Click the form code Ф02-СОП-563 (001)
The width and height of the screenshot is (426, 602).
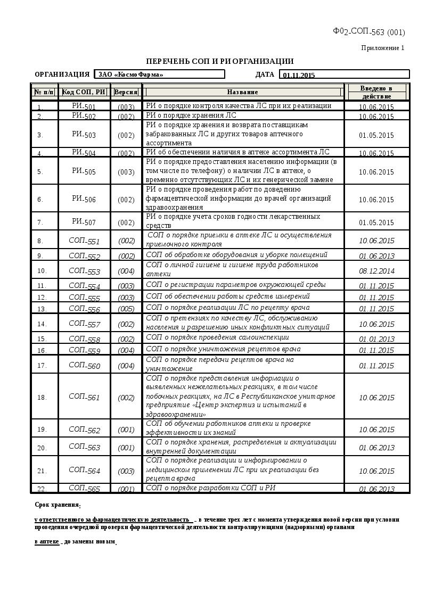click(368, 32)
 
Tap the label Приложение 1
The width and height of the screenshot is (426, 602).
click(382, 48)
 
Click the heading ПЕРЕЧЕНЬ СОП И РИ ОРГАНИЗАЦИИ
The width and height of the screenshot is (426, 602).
click(220, 61)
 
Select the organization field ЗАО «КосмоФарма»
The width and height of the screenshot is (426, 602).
click(159, 75)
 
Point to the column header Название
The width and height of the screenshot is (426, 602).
click(242, 92)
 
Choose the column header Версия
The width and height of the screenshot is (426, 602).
click(126, 92)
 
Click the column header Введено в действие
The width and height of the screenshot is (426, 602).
click(376, 92)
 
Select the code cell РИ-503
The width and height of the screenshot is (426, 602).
click(84, 135)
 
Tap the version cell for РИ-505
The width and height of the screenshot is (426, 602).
click(126, 172)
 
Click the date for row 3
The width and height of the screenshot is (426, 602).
click(376, 135)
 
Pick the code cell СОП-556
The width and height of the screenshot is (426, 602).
click(84, 309)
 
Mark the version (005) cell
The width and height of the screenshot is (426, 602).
click(126, 309)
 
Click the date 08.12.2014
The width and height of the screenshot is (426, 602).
click(376, 271)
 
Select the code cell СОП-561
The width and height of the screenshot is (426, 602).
click(84, 397)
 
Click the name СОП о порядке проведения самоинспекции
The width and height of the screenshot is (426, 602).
click(217, 337)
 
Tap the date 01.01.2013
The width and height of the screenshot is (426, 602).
click(376, 339)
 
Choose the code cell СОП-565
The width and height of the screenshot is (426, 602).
click(84, 489)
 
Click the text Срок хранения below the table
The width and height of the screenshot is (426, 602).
click(58, 505)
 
